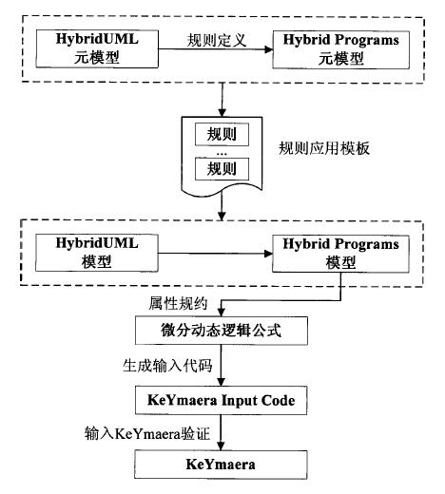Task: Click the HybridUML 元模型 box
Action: pos(97,48)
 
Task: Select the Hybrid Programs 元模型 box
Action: pos(340,49)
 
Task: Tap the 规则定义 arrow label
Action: pos(217,41)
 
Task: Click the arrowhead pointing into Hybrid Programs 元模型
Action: pos(268,49)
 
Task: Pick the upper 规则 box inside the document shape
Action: pos(222,134)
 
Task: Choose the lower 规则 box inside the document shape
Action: pos(222,169)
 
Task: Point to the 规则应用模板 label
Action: pos(324,148)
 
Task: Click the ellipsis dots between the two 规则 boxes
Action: pos(222,154)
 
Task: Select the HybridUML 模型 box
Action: pos(97,253)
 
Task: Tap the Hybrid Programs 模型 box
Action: pos(340,254)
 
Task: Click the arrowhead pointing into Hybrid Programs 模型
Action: pos(268,254)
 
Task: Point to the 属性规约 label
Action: pos(178,303)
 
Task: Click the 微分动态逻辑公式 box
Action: pos(222,331)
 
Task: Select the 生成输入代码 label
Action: pos(167,366)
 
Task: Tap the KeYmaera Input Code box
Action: pos(222,400)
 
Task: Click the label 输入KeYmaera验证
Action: pos(147,433)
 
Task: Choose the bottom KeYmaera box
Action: pos(221,465)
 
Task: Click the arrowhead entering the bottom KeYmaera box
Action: pos(221,446)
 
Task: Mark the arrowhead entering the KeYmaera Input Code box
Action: pos(221,382)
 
